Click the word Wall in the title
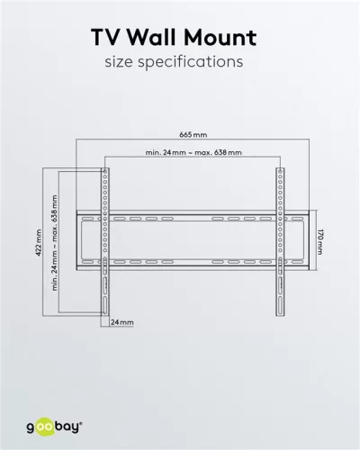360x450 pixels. (x=165, y=38)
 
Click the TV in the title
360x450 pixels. (x=108, y=38)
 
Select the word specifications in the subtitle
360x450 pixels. (x=197, y=64)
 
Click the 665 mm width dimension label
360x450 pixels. (x=190, y=134)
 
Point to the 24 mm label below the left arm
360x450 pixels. (x=121, y=321)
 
